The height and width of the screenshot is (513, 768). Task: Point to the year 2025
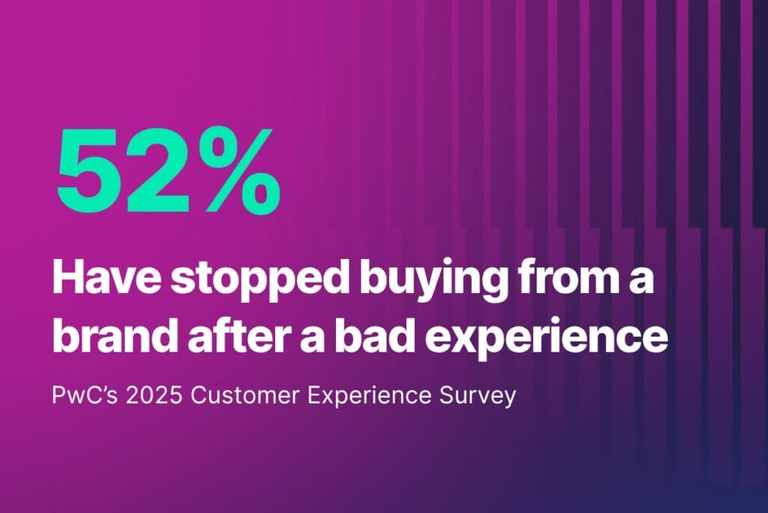(154, 395)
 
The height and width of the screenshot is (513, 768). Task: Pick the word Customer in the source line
(245, 395)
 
